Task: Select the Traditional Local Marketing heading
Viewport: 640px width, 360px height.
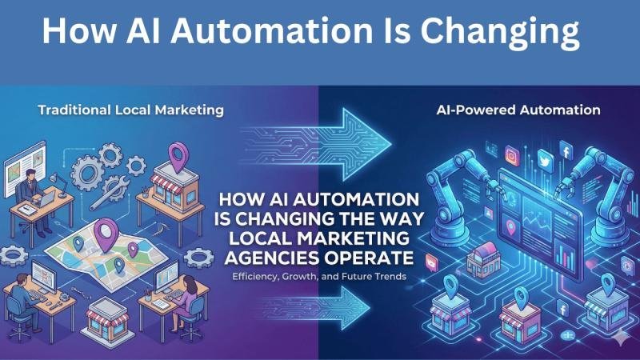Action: tap(130, 110)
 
